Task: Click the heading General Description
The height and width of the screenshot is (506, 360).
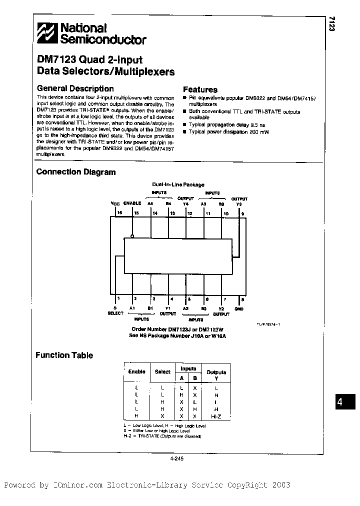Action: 75,88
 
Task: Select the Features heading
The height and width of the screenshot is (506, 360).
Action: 200,90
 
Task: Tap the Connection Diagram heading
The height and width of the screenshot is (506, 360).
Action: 76,172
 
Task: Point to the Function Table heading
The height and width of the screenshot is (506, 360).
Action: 64,355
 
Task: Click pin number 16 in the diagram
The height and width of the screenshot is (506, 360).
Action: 119,213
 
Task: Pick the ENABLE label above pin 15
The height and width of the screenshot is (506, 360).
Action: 132,203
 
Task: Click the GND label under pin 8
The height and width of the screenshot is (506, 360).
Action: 238,308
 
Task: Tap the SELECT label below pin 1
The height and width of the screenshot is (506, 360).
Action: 115,313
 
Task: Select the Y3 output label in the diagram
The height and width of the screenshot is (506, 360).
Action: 239,203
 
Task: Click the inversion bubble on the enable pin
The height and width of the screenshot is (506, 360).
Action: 132,236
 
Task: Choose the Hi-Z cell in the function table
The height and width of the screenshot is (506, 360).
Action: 216,415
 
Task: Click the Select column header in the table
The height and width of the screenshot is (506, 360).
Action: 162,371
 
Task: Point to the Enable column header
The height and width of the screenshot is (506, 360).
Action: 136,371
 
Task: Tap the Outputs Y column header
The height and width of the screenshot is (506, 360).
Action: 216,374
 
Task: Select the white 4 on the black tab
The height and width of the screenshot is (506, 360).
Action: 339,402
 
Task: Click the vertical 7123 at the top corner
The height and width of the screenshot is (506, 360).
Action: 331,23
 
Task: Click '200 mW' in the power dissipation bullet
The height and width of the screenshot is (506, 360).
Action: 259,132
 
